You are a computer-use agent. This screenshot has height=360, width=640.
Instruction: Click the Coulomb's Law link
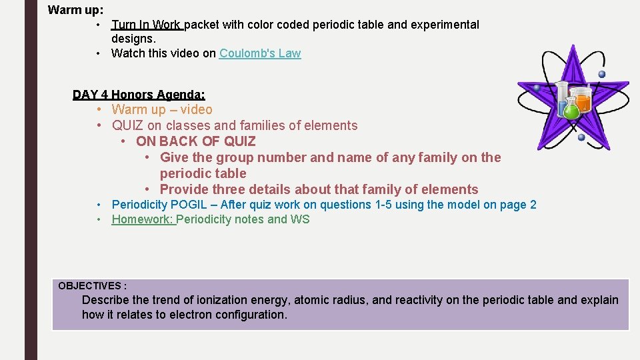(x=260, y=53)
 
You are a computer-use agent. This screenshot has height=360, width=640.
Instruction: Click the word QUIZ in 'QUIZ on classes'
(x=128, y=125)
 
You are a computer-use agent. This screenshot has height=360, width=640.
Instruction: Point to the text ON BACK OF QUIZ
(x=195, y=141)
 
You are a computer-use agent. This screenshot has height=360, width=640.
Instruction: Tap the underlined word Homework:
(x=143, y=219)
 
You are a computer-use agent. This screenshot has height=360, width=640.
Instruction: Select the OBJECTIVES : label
(x=92, y=285)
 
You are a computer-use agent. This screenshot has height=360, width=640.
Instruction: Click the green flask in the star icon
(x=571, y=108)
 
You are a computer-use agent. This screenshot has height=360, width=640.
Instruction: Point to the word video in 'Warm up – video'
(x=197, y=109)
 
